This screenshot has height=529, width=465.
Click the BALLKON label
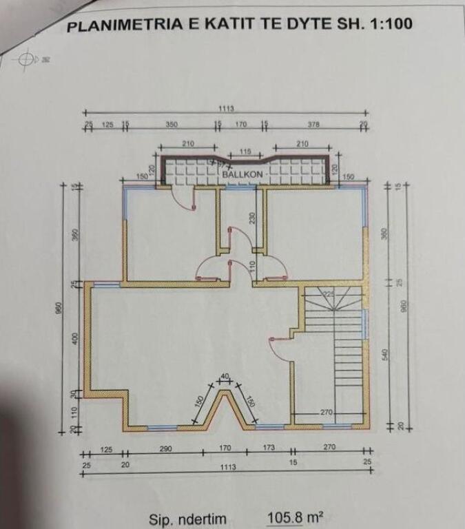(x=243, y=175)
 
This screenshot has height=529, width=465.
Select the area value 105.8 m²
(x=295, y=517)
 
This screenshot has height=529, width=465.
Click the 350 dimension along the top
(x=172, y=125)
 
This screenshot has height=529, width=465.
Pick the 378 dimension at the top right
(x=314, y=125)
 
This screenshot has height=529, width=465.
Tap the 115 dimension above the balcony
(x=245, y=151)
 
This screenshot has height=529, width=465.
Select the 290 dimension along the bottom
(x=165, y=448)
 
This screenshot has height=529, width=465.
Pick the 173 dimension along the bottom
(x=268, y=448)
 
